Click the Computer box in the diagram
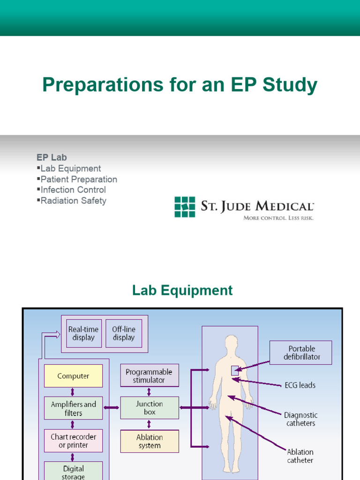click(73, 376)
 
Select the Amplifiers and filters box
click(73, 408)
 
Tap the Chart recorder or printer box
click(73, 441)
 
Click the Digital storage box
click(73, 471)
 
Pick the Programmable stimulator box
click(149, 375)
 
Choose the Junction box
click(149, 408)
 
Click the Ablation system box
click(149, 441)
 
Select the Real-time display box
click(83, 333)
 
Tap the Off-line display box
click(123, 333)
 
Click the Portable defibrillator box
click(300, 352)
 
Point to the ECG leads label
click(300, 385)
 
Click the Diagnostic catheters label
click(300, 419)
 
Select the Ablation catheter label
click(300, 456)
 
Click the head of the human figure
click(231, 344)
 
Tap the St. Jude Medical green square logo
click(185, 207)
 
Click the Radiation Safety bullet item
click(73, 201)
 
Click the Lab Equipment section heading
click(182, 290)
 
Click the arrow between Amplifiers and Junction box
click(111, 408)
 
